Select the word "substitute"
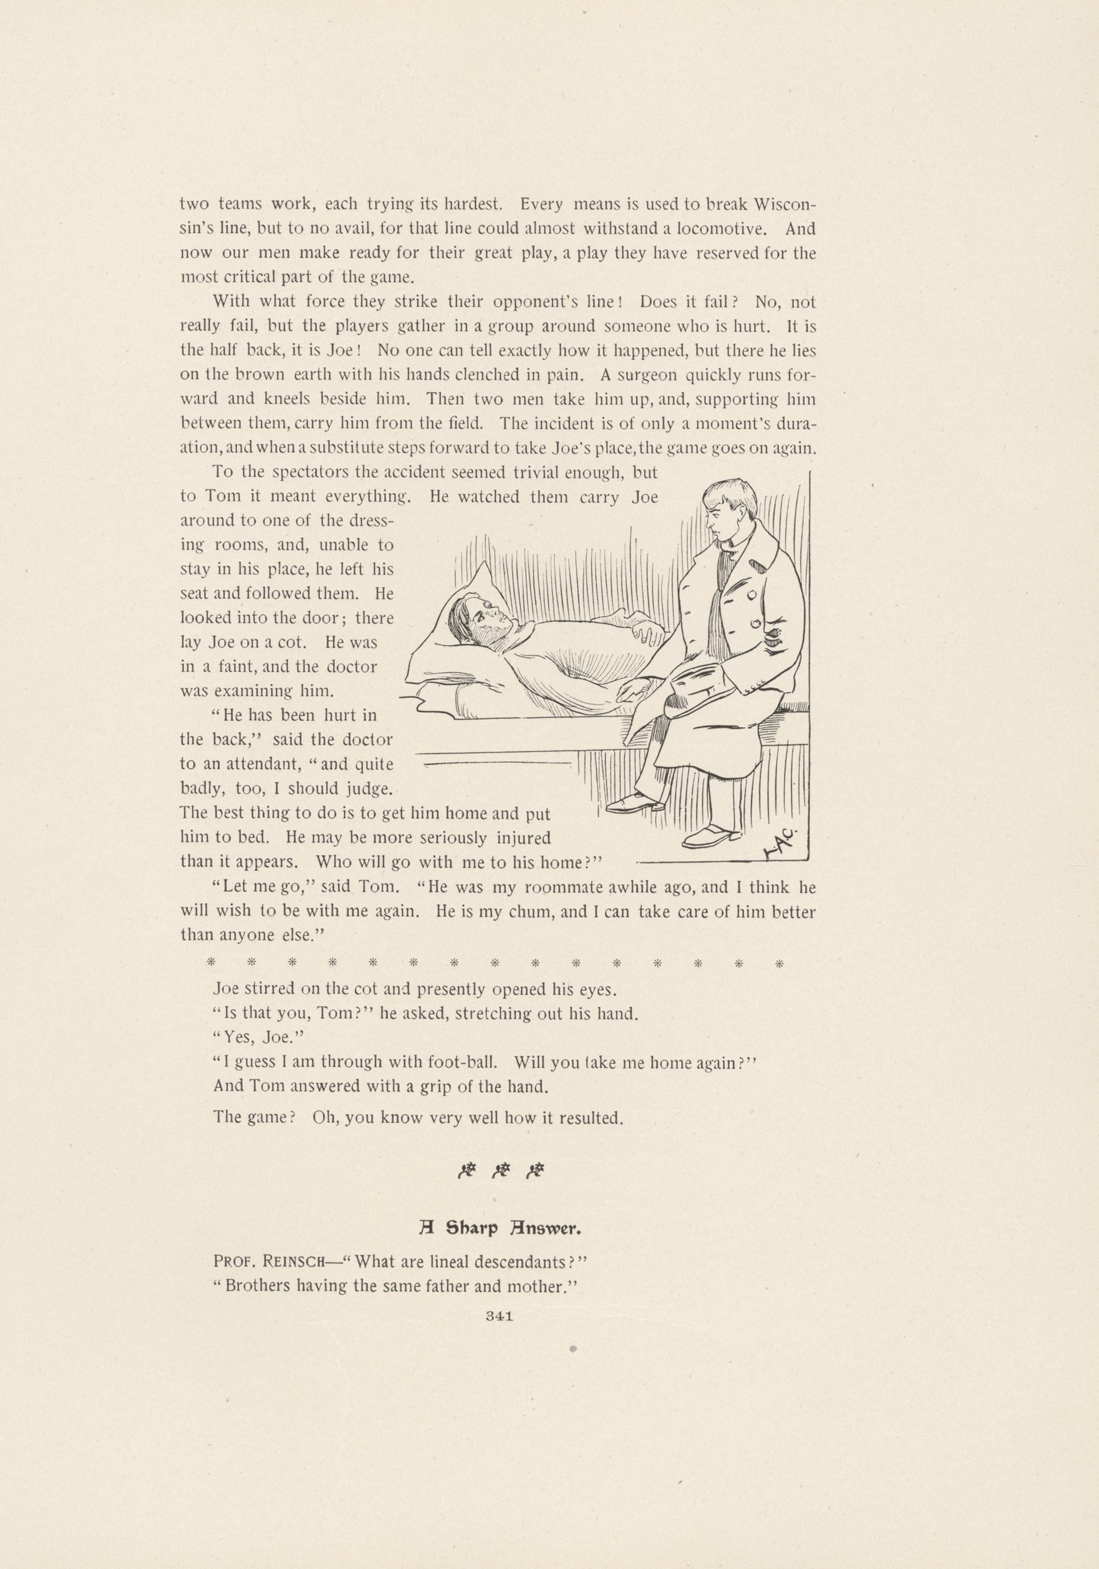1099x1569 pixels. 341,448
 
